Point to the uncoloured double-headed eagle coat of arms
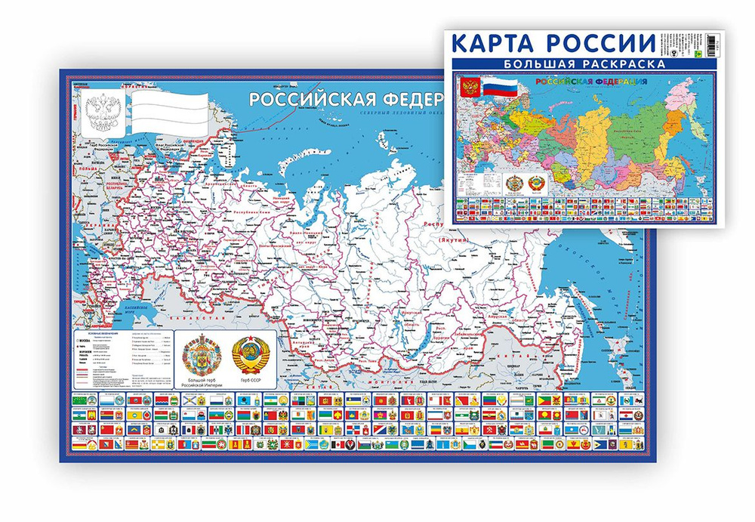(x=99, y=114)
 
